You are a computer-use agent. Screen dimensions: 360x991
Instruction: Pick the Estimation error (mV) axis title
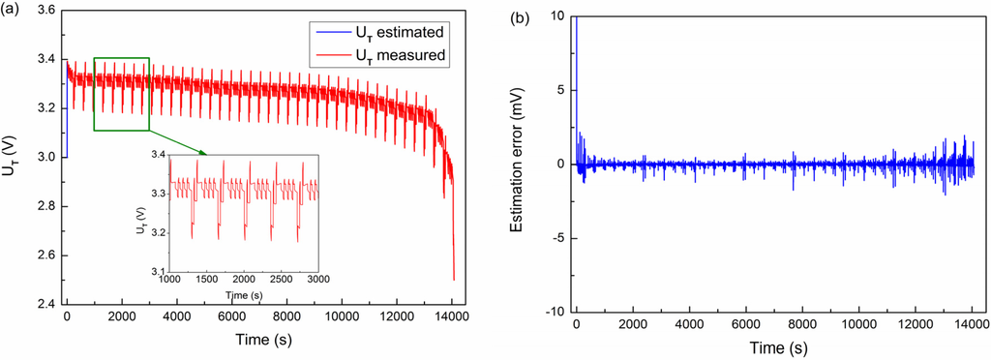pos(522,163)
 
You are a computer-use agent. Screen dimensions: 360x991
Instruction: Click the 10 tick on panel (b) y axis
pos(559,15)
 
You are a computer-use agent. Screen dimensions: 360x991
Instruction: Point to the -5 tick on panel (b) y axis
pos(559,237)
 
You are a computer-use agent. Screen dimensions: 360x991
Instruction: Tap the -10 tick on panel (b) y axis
pos(556,311)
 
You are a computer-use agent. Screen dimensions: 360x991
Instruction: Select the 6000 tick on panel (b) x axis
pos(745,323)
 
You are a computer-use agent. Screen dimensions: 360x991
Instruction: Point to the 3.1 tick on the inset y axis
pos(157,270)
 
